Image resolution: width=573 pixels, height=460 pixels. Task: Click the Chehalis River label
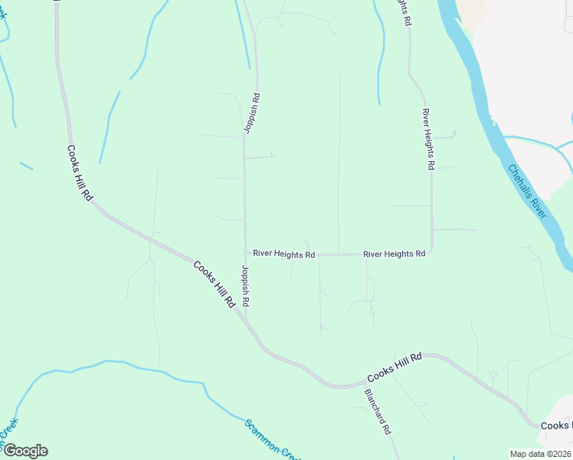click(x=527, y=190)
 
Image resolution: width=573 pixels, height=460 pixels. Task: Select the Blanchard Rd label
click(x=378, y=412)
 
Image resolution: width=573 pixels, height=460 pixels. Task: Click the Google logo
click(x=25, y=451)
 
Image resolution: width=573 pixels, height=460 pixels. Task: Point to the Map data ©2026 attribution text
click(x=540, y=454)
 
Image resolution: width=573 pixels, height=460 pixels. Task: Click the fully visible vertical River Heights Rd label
click(x=428, y=139)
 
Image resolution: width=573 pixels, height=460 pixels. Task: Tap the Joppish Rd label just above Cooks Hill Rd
click(x=245, y=286)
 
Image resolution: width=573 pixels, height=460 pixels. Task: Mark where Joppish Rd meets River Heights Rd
click(x=246, y=254)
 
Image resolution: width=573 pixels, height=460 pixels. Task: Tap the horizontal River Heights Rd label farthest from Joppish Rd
click(x=394, y=254)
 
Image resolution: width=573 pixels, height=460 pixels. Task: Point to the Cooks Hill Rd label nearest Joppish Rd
click(x=214, y=284)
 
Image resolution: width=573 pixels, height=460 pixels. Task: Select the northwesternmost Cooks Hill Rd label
click(x=80, y=173)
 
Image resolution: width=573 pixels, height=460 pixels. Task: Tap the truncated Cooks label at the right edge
click(x=557, y=426)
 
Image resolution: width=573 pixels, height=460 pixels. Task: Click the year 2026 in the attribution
click(x=561, y=454)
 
